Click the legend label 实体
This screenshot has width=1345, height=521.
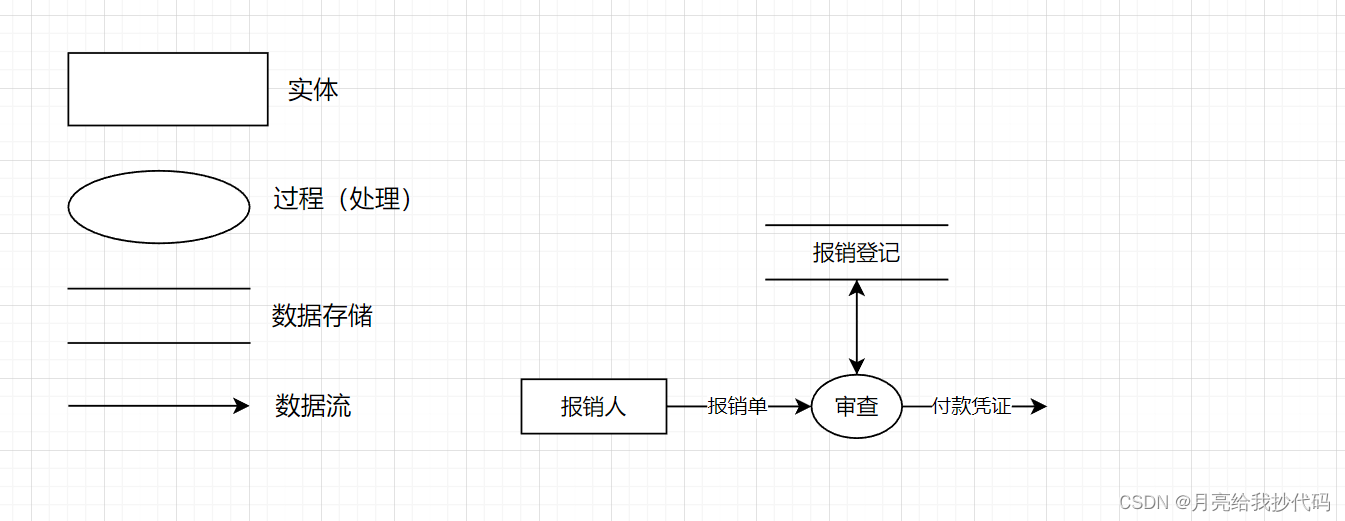coord(313,90)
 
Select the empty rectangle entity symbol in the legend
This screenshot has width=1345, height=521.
coord(168,89)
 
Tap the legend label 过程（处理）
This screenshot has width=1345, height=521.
coord(343,199)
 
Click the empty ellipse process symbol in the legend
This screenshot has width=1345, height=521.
coord(159,207)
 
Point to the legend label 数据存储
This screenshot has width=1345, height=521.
coord(322,317)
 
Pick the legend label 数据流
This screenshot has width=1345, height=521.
coord(313,406)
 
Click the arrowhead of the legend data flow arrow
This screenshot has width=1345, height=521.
coord(241,406)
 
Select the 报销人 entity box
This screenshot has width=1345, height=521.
coord(594,406)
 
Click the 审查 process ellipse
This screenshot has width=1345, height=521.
coord(856,406)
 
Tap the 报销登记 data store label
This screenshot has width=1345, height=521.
coord(856,253)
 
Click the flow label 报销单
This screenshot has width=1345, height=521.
coord(738,406)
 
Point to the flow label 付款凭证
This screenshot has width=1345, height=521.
coord(971,406)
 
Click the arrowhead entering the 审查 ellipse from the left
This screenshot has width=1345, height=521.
coord(803,406)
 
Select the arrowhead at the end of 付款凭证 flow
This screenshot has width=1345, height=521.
coord(1039,406)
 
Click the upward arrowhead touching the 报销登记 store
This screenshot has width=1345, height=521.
coord(856,288)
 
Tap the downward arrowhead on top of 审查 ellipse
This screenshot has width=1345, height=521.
coord(856,367)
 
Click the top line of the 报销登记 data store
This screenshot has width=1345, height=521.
coord(856,225)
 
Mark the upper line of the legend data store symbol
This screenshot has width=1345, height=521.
coord(159,289)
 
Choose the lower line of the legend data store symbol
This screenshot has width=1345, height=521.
coord(159,343)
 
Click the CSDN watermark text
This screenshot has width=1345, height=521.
coord(1224,501)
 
